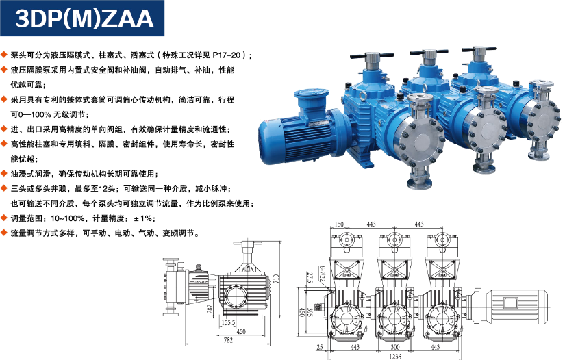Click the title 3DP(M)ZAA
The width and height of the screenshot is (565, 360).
pyautogui.click(x=84, y=18)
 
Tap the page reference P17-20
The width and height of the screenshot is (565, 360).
pyautogui.click(x=226, y=55)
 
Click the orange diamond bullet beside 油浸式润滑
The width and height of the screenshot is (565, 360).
pyautogui.click(x=4, y=174)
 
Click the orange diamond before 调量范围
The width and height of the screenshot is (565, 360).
pyautogui.click(x=4, y=218)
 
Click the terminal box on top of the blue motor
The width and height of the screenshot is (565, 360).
pyautogui.click(x=312, y=100)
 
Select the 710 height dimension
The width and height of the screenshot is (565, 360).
pyautogui.click(x=276, y=279)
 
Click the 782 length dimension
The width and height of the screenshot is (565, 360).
pyautogui.click(x=229, y=340)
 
